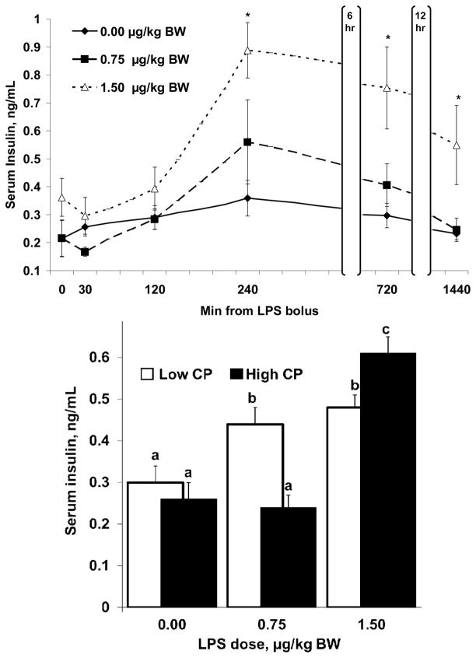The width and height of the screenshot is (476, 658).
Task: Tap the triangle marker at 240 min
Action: pos(247,51)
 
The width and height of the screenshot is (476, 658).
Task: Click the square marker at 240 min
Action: pos(247,142)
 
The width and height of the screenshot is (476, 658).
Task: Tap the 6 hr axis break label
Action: pos(351,17)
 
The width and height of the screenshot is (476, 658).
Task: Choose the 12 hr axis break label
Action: pos(422,17)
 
